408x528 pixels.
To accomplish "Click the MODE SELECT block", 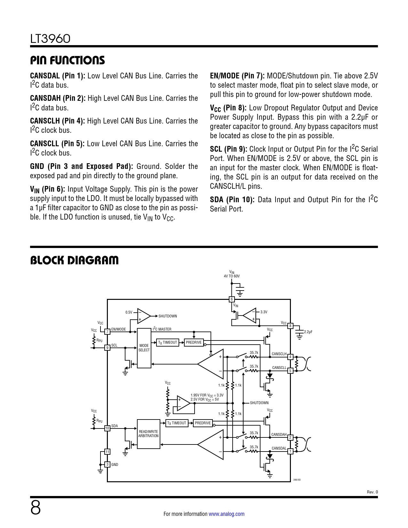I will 144,348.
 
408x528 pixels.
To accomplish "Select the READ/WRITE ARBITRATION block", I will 148,434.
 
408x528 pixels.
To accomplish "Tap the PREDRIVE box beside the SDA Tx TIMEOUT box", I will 203,423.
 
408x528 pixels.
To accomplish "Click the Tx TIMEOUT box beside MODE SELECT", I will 168,342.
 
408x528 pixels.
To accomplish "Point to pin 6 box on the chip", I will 232,299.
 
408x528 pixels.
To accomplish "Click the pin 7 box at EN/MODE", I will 108,332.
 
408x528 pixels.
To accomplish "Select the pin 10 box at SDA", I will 108,428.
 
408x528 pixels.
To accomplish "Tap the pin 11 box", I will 108,452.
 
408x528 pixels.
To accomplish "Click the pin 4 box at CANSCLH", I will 290,357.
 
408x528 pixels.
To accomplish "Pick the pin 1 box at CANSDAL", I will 290,452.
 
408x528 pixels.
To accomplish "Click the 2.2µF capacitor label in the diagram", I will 308,332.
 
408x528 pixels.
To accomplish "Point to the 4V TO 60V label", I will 232,276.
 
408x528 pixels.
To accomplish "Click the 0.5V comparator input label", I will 129,312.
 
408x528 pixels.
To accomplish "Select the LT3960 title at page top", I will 50,39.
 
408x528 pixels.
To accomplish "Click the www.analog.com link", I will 227,514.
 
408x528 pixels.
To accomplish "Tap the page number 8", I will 36,508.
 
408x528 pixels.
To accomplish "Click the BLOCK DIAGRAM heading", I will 74,260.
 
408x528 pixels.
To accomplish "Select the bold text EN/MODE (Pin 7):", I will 237,76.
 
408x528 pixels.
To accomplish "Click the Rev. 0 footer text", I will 372,492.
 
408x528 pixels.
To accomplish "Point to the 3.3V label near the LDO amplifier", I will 264,312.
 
